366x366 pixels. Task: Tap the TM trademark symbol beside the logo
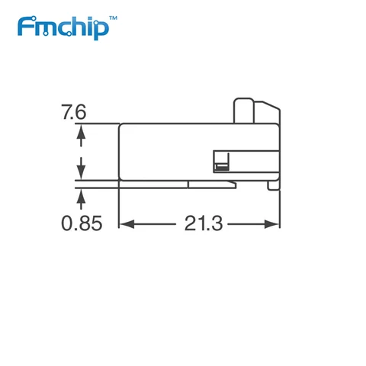click(114, 17)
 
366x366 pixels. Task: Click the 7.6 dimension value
click(74, 113)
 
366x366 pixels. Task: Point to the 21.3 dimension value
click(203, 223)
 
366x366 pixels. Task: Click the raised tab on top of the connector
click(243, 110)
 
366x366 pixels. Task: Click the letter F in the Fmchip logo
click(24, 27)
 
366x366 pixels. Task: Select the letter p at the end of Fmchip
click(102, 30)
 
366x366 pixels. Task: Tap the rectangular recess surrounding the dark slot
click(222, 161)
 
